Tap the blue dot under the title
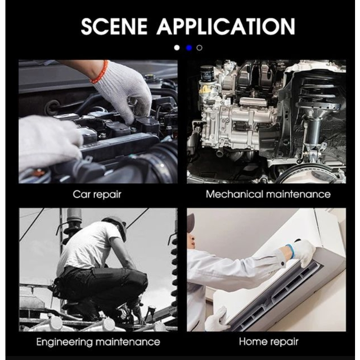pyautogui.click(x=189, y=48)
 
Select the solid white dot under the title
pyautogui.click(x=177, y=48)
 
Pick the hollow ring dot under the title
pyautogui.click(x=199, y=48)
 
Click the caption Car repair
pyautogui.click(x=97, y=195)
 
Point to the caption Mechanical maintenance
pyautogui.click(x=268, y=194)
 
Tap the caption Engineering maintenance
pyautogui.click(x=98, y=342)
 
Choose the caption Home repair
pyautogui.click(x=268, y=342)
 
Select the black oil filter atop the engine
pyautogui.click(x=207, y=73)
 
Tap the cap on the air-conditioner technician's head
pyautogui.click(x=190, y=223)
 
